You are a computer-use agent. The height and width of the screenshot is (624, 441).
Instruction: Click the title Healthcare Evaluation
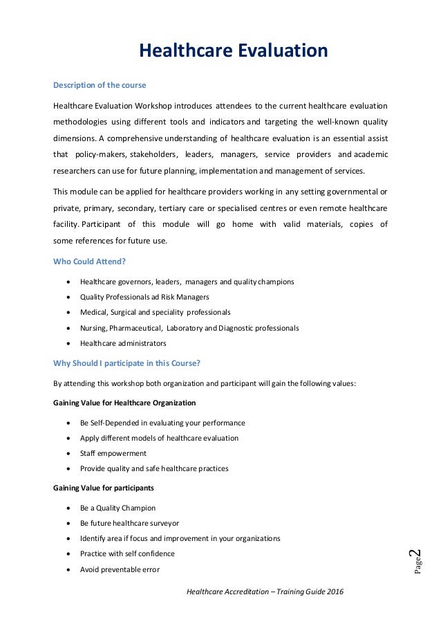233,51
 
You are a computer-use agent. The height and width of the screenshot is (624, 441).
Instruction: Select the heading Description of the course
100,86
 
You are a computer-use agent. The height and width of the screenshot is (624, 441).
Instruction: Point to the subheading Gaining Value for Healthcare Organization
124,402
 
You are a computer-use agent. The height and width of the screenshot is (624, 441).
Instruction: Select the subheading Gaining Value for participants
103,488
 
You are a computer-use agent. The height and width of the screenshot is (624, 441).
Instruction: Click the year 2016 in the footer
332,592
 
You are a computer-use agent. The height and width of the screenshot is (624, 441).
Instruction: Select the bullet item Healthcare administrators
122,343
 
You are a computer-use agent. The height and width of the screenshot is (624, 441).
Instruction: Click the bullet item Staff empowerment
113,453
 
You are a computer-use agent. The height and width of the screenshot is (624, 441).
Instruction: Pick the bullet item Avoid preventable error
120,569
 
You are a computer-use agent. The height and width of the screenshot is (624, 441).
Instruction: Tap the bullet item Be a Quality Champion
118,508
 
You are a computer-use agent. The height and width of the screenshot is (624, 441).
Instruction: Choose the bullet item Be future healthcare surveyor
129,523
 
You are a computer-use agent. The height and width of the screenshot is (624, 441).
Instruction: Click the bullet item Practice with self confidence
127,553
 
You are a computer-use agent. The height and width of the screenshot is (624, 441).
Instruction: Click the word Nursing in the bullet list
92,328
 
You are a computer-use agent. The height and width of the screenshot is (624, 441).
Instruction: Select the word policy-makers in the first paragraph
96,154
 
